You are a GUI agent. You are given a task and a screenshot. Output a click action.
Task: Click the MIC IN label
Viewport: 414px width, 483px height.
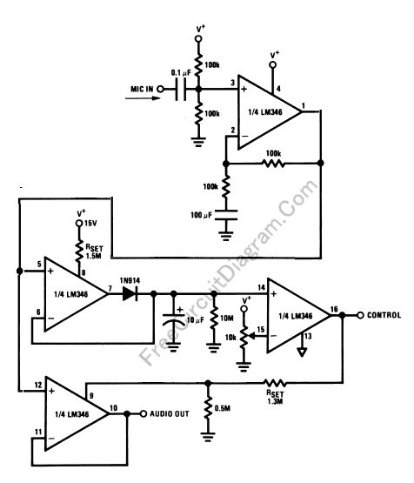coord(142,90)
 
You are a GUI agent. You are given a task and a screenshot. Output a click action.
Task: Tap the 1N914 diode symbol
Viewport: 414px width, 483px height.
coord(130,293)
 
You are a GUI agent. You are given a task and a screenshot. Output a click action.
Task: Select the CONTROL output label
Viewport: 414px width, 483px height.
coord(384,315)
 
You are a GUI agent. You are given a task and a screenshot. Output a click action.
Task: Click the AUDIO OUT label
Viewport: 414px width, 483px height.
coord(170,413)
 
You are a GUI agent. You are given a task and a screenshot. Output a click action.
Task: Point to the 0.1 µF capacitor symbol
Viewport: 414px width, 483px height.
coord(181,90)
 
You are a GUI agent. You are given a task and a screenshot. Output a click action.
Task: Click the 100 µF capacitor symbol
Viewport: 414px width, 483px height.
coord(226,215)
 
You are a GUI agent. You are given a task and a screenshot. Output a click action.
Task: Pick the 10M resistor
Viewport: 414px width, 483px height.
coord(214,319)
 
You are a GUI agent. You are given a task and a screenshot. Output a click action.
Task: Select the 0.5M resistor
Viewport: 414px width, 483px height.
coord(208,407)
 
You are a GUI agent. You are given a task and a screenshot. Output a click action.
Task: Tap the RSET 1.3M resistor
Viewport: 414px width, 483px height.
coord(275,383)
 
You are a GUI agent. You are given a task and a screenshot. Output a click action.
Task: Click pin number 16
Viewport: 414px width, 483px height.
coord(334,309)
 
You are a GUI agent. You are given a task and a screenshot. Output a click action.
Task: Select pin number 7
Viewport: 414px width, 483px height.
coord(110,288)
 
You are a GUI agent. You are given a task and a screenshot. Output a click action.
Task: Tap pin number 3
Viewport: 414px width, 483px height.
coord(233,83)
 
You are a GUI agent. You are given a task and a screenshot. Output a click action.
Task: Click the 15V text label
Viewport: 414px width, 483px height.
coord(90,223)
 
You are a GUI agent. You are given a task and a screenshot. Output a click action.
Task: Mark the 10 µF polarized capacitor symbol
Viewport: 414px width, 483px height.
coord(174,319)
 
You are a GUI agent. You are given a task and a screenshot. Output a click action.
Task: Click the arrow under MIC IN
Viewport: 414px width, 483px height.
coord(143,98)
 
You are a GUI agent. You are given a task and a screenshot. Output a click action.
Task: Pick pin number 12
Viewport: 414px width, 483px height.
coord(38,385)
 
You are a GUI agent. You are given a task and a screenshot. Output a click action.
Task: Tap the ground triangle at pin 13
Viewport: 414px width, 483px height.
coord(302,352)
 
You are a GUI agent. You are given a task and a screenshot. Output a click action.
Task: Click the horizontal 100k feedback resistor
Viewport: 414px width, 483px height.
coord(273,164)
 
